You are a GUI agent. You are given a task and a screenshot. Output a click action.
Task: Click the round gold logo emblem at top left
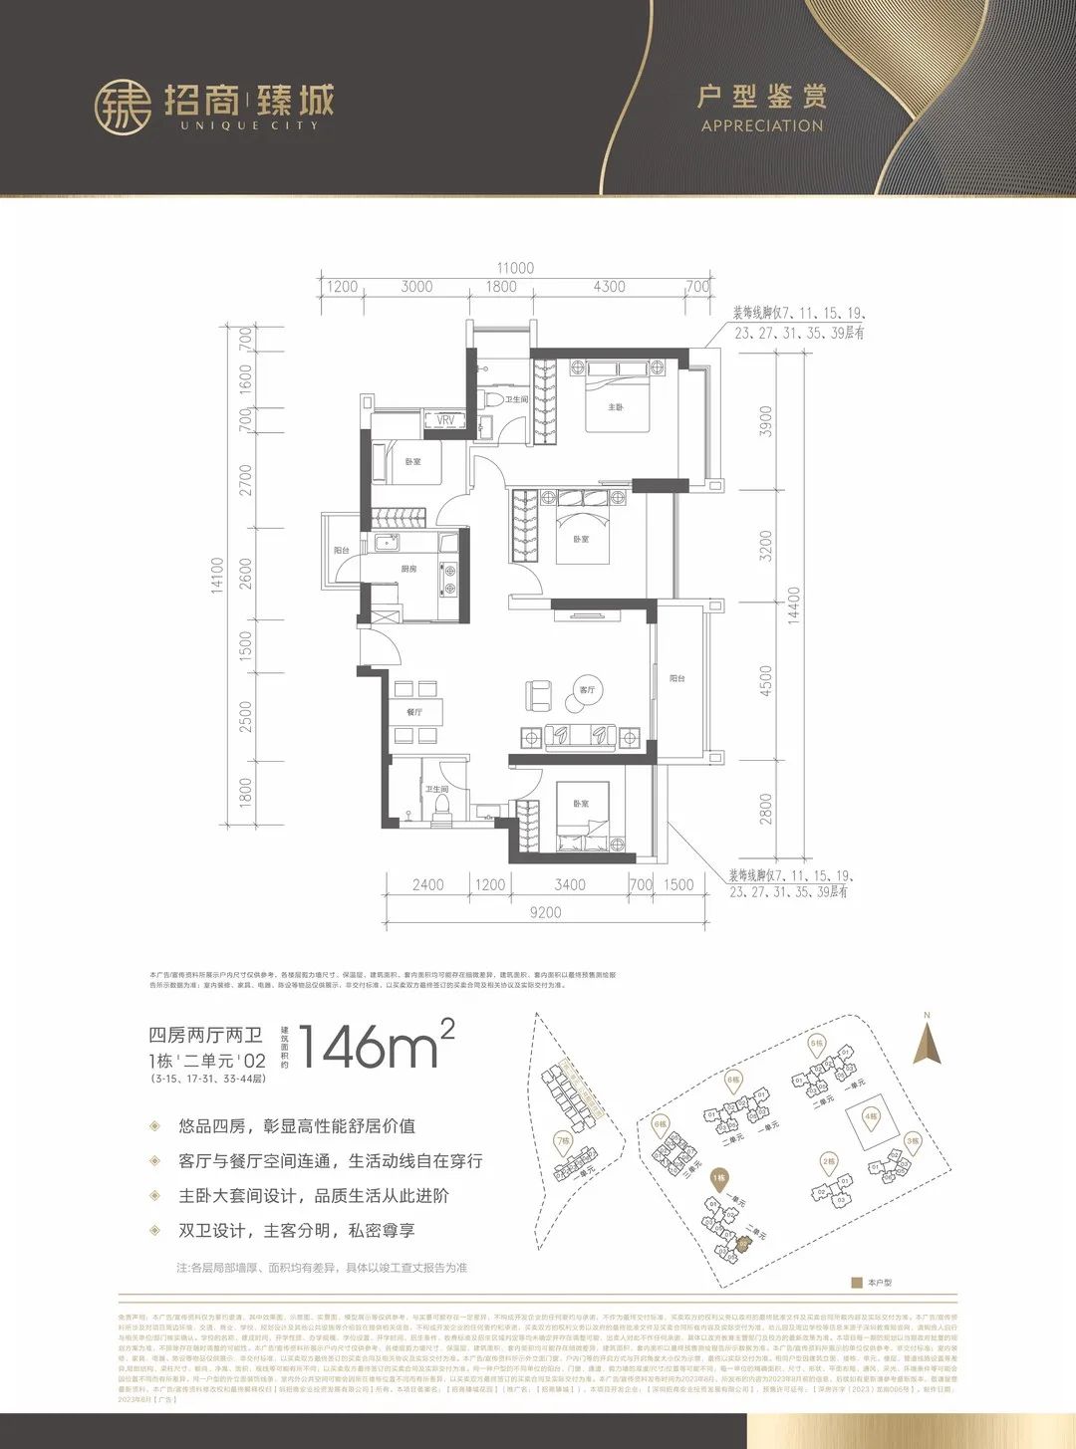click(x=123, y=107)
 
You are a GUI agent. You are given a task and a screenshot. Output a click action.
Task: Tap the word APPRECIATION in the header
click(x=762, y=126)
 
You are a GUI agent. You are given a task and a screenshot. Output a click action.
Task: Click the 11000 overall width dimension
click(x=515, y=268)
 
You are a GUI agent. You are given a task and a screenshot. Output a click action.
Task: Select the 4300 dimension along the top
click(x=609, y=287)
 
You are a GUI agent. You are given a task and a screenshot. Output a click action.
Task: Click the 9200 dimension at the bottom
click(x=545, y=911)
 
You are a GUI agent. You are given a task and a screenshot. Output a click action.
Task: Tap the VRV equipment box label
click(x=445, y=420)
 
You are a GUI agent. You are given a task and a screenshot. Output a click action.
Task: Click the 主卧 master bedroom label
click(x=616, y=407)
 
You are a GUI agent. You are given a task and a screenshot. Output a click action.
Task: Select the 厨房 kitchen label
click(x=408, y=570)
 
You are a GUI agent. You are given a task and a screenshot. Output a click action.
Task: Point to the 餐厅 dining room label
click(x=413, y=712)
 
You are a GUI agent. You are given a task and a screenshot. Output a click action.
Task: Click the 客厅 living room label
click(x=587, y=689)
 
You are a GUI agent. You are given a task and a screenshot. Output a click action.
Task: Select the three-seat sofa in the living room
click(x=579, y=736)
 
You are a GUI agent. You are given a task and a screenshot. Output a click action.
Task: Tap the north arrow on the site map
click(x=928, y=1041)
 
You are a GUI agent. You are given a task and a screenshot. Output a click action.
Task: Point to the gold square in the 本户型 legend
click(x=856, y=1283)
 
